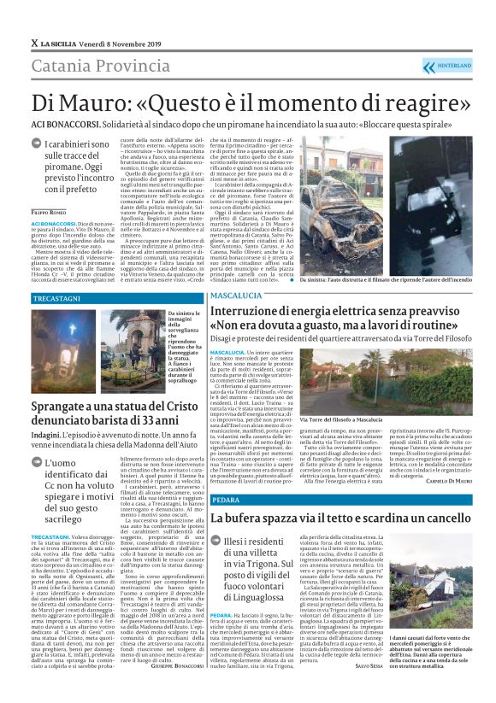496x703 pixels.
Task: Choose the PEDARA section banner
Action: pos(226,498)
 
